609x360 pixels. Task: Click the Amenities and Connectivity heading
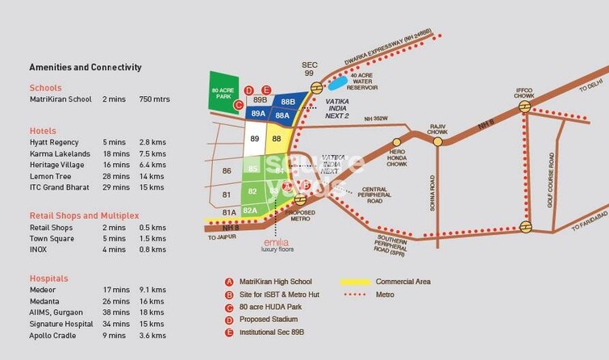point(86,68)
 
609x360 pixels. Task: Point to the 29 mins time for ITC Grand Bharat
point(116,187)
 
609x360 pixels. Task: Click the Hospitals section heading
point(48,278)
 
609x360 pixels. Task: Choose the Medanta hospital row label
point(44,300)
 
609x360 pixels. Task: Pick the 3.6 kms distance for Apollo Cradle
point(152,334)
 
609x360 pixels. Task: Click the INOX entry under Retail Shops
point(38,250)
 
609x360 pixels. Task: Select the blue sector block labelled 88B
point(288,102)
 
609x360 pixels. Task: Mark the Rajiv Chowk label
point(438,128)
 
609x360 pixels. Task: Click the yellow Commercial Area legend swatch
point(351,282)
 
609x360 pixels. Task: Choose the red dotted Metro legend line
point(351,295)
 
